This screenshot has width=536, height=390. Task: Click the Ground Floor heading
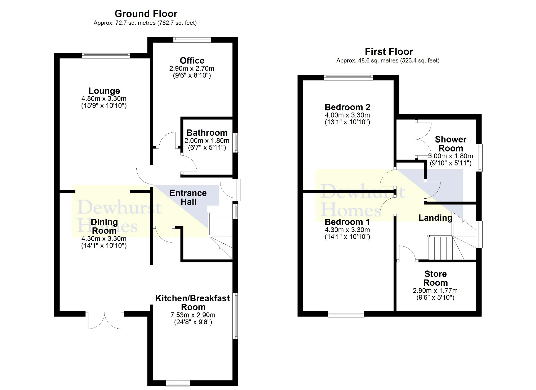(146, 14)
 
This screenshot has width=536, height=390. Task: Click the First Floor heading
(389, 52)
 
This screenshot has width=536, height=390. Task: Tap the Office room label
(192, 61)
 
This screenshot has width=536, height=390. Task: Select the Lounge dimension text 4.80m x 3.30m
(104, 99)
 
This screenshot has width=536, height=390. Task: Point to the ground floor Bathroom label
(207, 133)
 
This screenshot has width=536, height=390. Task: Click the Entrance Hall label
(188, 198)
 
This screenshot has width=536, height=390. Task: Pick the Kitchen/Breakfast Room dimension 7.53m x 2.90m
(193, 315)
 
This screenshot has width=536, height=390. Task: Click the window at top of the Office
(192, 39)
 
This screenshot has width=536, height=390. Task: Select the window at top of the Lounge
(106, 55)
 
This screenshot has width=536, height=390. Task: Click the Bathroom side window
(236, 143)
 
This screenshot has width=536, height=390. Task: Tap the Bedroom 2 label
(347, 107)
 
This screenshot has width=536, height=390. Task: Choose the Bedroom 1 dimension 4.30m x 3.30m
(347, 230)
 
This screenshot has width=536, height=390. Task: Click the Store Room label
(435, 278)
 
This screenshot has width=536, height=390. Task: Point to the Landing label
(435, 218)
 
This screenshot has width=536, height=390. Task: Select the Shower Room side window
(479, 158)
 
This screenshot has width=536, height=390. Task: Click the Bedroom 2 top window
(348, 77)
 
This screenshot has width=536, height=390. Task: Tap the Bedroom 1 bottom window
(346, 314)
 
